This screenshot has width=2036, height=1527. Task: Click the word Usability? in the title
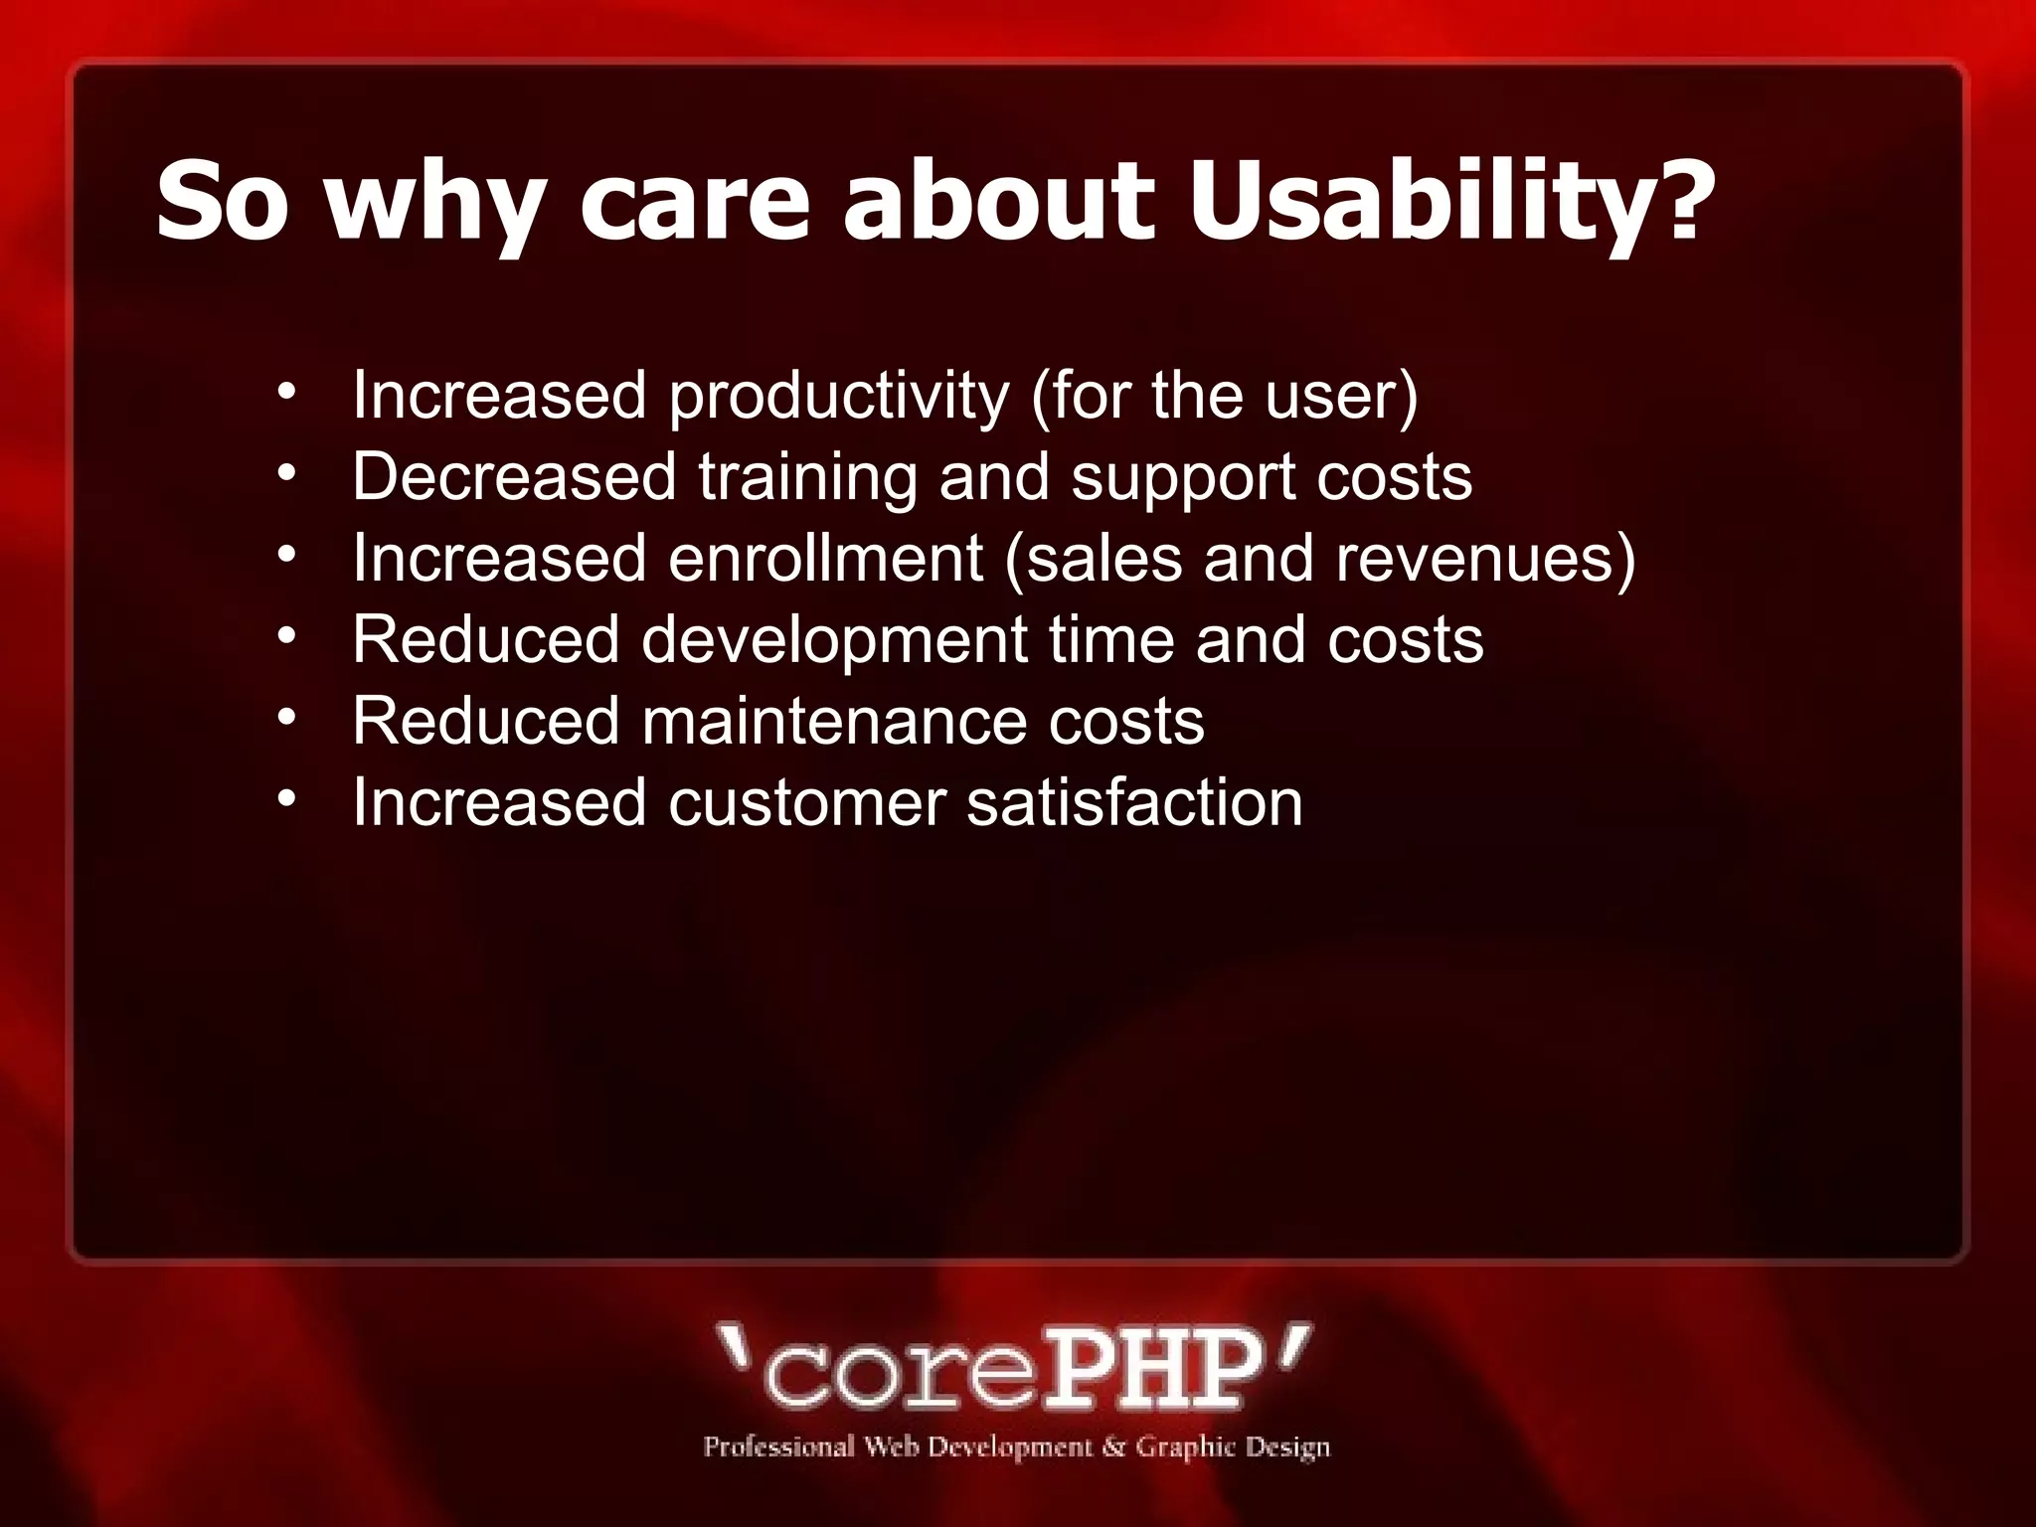(x=1451, y=204)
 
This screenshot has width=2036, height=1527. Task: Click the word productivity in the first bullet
(x=838, y=397)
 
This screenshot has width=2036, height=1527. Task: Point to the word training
(x=807, y=478)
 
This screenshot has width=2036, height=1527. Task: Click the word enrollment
(x=825, y=558)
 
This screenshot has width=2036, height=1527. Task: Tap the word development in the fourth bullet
(x=833, y=639)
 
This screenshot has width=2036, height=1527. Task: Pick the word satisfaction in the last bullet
(x=1134, y=802)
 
